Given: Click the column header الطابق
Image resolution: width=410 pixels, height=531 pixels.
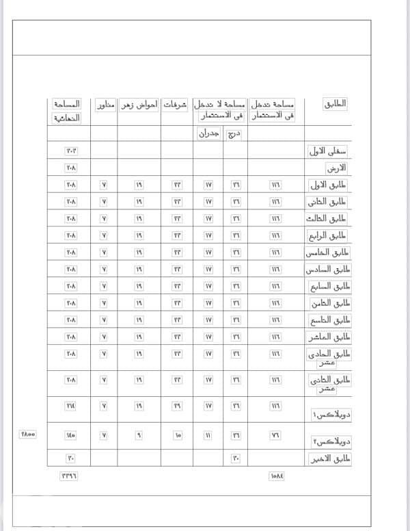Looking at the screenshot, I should point(334,104).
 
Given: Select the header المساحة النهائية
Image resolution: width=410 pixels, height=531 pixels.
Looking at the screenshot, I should point(66,110).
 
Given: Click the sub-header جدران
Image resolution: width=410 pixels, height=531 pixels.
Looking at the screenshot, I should point(208,133).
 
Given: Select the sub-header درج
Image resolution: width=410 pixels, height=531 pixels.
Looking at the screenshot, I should point(235,133).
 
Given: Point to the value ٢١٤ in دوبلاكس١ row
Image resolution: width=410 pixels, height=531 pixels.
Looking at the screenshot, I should point(71,406).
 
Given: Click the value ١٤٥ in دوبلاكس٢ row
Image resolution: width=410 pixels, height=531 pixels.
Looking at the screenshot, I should point(71,434).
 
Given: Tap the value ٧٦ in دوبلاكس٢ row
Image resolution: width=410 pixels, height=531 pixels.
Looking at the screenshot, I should point(276,434).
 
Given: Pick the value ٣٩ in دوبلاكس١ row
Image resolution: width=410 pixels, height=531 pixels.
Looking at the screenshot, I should point(177,406).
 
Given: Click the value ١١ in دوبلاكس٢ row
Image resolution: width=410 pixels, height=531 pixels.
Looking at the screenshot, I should point(208,434).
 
